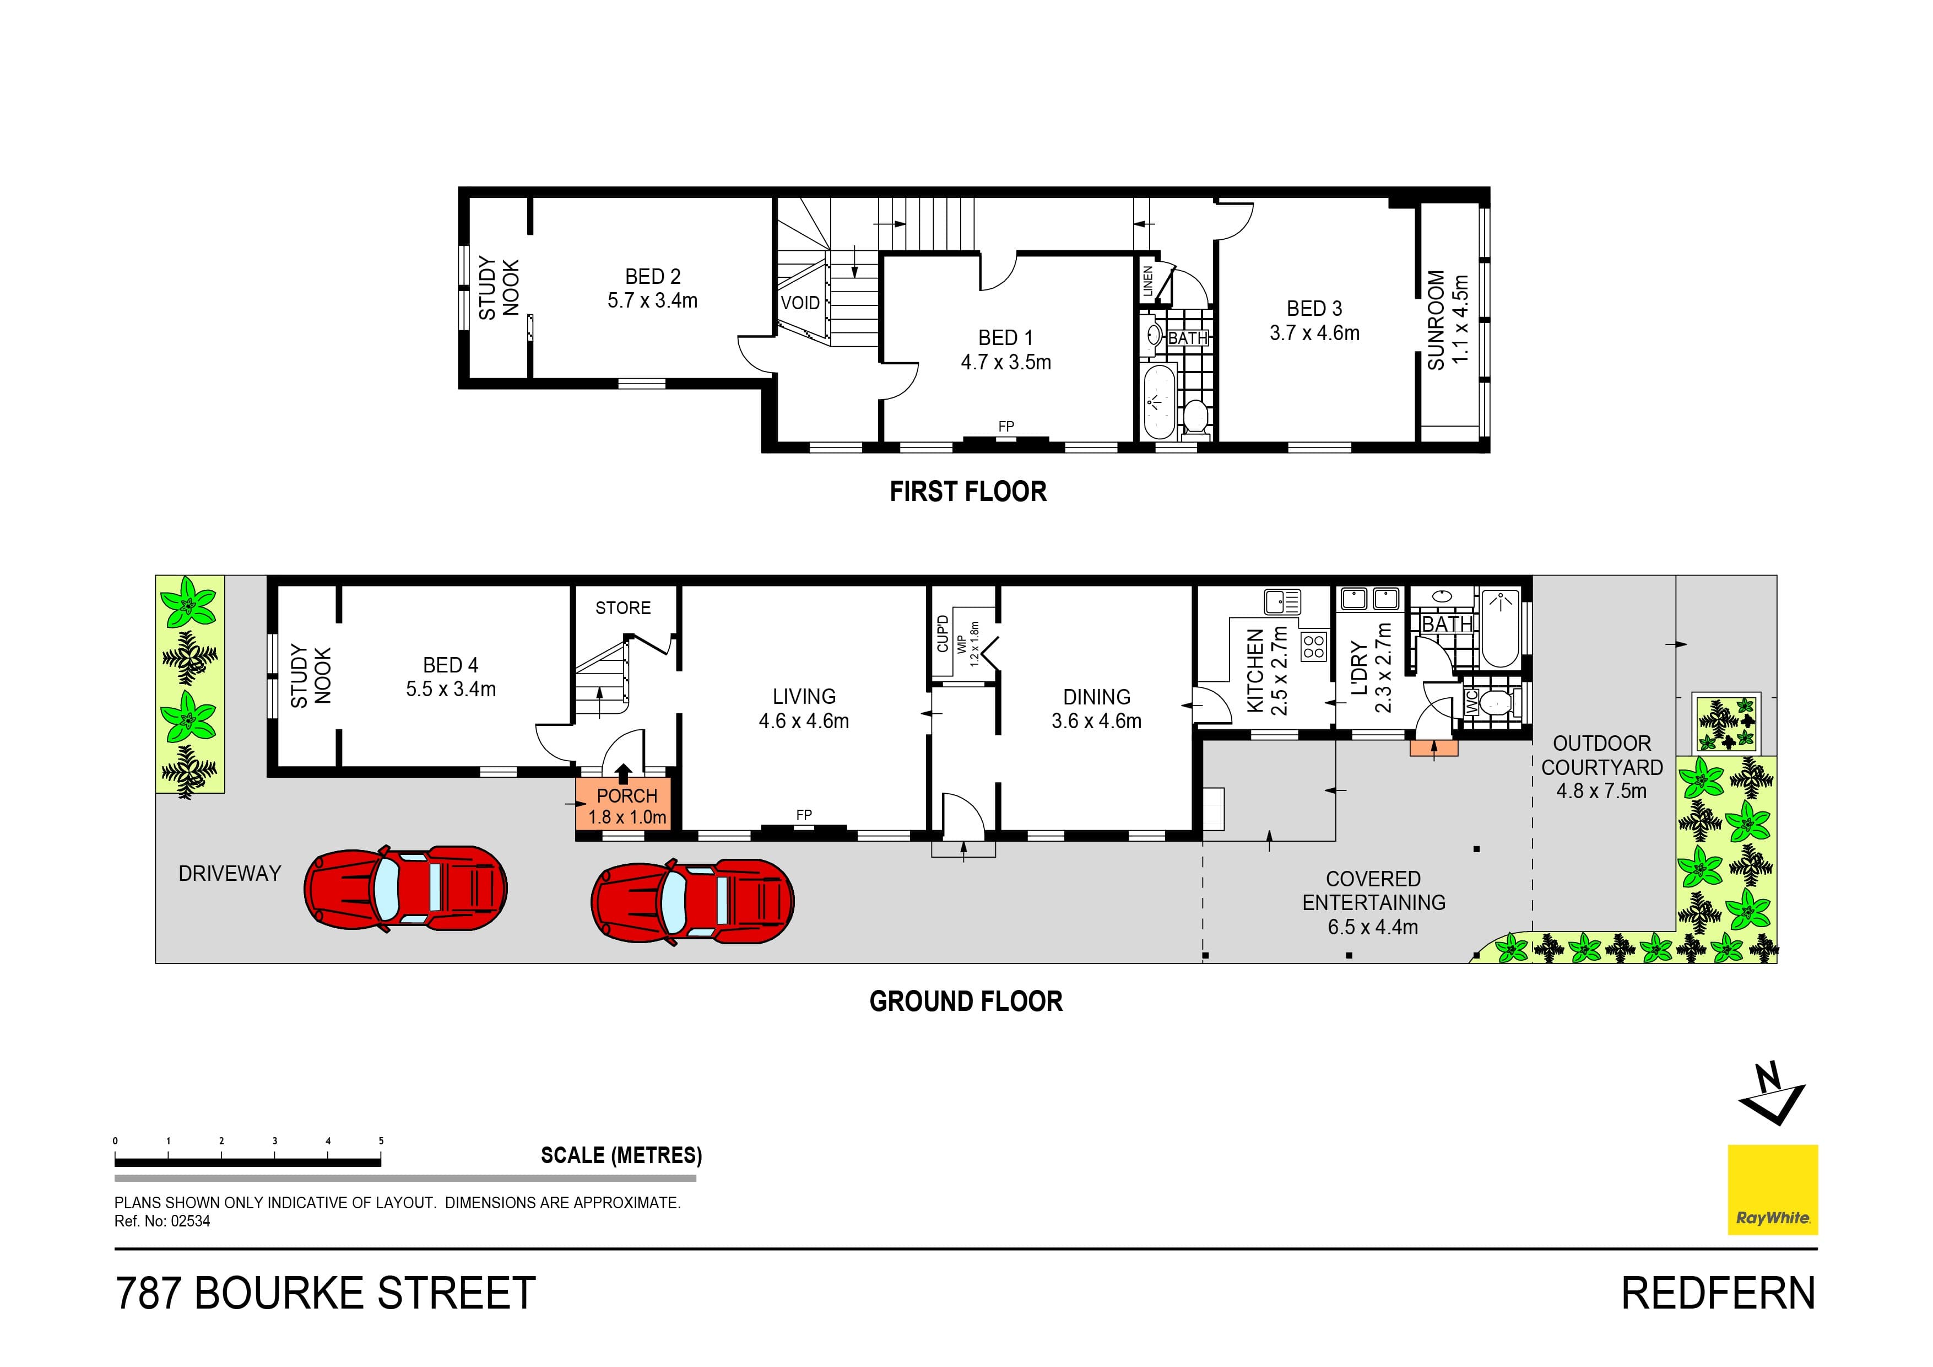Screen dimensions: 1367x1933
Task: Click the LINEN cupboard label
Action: [x=1147, y=281]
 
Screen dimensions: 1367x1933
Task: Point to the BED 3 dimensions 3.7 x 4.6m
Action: [x=1314, y=333]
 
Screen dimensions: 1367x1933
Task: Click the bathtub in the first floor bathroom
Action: [x=1158, y=402]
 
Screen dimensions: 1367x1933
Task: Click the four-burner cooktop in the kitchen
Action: [x=1313, y=646]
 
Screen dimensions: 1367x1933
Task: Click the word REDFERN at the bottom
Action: [x=1718, y=1294]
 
